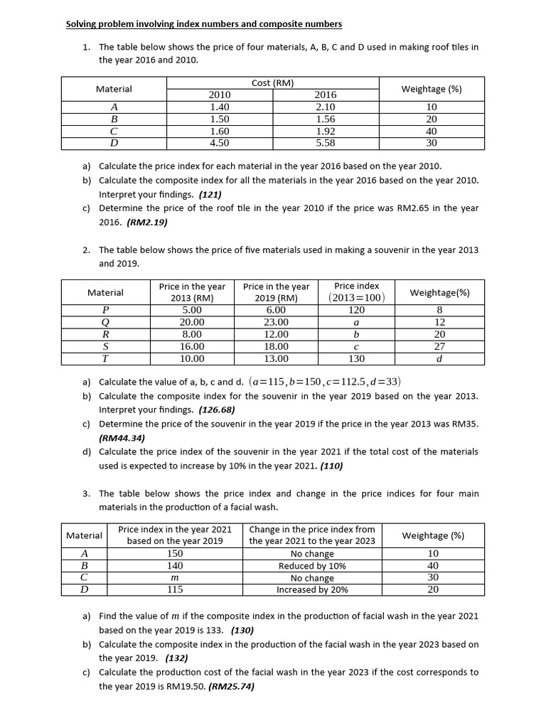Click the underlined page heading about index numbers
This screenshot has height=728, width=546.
coord(203,24)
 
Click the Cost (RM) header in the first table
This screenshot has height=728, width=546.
coord(272,83)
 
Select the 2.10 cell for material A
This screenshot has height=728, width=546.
coord(325,107)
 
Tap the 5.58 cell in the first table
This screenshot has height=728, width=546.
coord(325,143)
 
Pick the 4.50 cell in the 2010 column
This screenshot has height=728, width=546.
coord(220,143)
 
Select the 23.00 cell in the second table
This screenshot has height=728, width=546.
coord(276,322)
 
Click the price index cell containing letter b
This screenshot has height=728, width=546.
coord(356,334)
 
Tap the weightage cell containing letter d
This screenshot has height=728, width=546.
coord(439,359)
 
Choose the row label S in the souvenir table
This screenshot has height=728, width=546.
coord(105,346)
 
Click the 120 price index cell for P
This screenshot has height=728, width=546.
coord(356,310)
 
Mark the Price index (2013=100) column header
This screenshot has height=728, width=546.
coord(356,292)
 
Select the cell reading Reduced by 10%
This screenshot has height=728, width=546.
coord(312,566)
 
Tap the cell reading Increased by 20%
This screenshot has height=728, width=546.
coord(312,590)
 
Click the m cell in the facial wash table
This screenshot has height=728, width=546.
coord(175,578)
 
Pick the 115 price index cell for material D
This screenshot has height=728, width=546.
coord(175,590)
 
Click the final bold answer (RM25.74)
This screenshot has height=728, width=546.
coord(231,687)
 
